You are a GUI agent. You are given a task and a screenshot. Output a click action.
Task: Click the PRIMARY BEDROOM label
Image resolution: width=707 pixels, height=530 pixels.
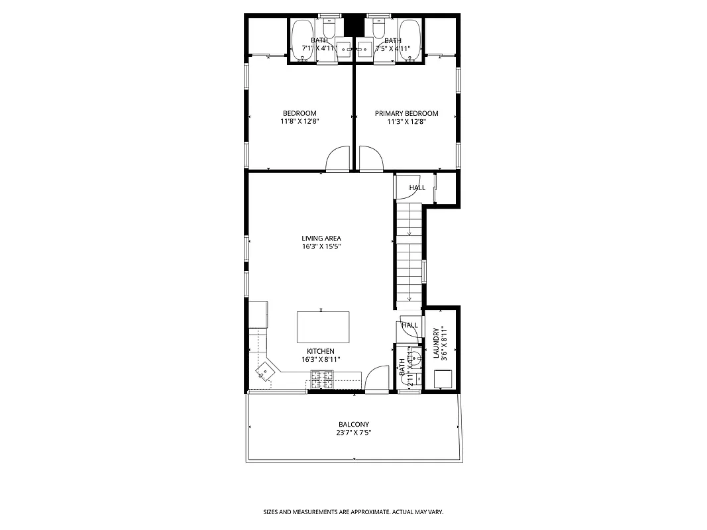coord(406,113)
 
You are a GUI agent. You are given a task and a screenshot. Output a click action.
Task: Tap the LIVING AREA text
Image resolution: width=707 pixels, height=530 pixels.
coord(321,238)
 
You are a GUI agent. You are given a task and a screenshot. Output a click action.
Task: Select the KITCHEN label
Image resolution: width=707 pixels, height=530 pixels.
coord(320,351)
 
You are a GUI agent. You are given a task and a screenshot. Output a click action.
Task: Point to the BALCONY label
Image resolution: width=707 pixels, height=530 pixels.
coord(353,425)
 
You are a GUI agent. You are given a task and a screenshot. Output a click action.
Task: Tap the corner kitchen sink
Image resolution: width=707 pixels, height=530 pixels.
coord(265,372)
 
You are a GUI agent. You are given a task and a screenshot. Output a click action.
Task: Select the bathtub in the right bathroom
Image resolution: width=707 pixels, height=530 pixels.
coord(409,40)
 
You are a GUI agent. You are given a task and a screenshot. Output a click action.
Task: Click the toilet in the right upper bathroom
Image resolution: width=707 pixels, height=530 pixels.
coord(379,27)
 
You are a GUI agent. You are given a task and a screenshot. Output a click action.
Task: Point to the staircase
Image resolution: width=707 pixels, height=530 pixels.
coord(409,255)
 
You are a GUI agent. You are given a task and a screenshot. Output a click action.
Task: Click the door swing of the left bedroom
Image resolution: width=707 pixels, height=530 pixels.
coord(338,159)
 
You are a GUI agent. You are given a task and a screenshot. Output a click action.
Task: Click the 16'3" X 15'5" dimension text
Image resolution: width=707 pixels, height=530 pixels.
coord(321,246)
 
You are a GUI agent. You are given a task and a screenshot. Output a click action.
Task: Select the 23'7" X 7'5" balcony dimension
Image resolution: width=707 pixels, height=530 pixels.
coord(353,433)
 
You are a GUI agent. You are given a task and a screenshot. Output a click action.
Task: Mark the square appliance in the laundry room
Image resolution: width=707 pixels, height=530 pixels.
coord(442,378)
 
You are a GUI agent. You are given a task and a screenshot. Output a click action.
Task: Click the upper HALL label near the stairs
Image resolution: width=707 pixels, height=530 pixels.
coord(417,188)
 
